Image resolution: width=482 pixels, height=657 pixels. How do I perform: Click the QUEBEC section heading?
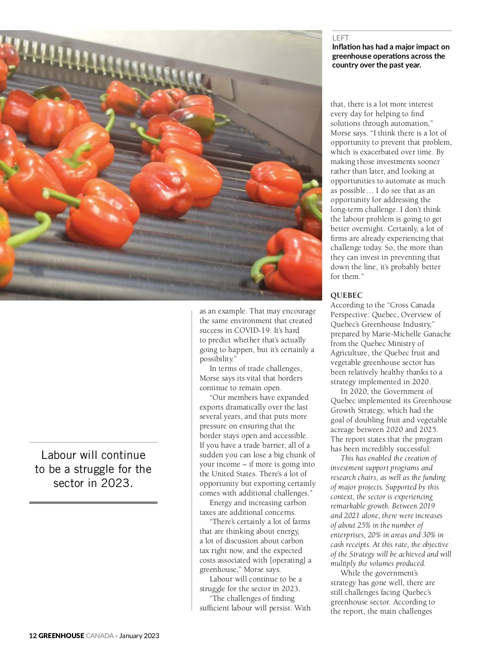click(x=346, y=295)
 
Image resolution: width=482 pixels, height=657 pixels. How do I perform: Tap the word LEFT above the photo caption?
click(x=340, y=38)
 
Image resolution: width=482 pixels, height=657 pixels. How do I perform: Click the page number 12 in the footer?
click(x=33, y=636)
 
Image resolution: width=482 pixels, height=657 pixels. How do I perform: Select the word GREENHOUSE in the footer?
click(x=61, y=636)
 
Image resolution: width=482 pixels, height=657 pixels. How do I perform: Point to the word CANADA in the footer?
click(x=100, y=636)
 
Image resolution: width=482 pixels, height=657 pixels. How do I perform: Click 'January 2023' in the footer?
click(x=139, y=636)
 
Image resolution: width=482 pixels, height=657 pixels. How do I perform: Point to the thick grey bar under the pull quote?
click(x=93, y=503)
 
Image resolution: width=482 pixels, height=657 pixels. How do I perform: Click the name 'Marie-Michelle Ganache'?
click(x=411, y=334)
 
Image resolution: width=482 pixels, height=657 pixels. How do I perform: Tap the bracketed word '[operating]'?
click(x=288, y=560)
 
